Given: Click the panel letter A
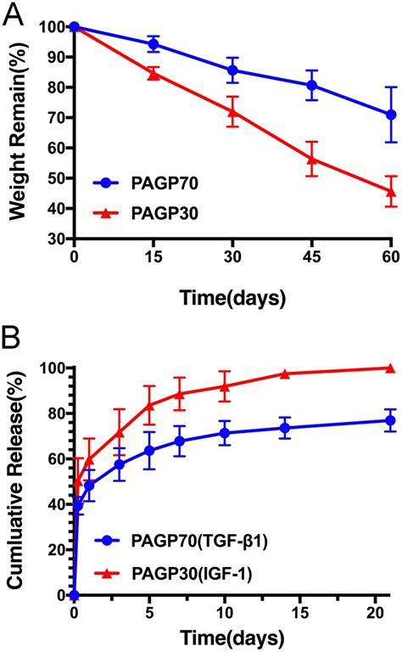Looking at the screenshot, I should [17, 15].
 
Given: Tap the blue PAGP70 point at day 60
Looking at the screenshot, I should [390, 114].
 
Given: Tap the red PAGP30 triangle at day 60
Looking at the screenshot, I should [390, 191].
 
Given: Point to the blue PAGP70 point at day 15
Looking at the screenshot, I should [154, 43].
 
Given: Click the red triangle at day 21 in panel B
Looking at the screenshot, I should [390, 368].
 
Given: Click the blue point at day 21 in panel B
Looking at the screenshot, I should [390, 420].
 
